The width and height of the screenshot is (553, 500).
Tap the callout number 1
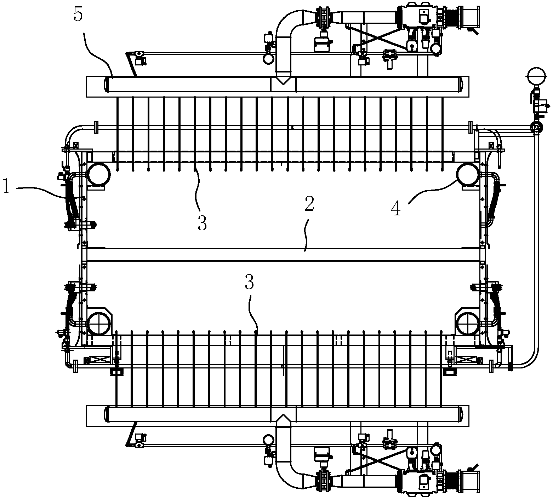click(x=6, y=186)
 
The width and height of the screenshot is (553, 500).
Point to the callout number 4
click(x=395, y=209)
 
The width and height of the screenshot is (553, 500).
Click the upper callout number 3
click(x=202, y=223)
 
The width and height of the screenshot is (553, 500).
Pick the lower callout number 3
click(x=250, y=283)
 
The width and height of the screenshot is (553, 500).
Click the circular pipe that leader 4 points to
click(x=468, y=174)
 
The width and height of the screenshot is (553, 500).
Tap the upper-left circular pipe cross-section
click(x=99, y=174)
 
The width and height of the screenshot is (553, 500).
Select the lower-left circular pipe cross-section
click(x=99, y=323)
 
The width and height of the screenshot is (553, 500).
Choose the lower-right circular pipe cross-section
click(x=468, y=323)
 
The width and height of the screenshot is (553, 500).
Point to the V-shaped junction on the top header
click(x=283, y=80)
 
